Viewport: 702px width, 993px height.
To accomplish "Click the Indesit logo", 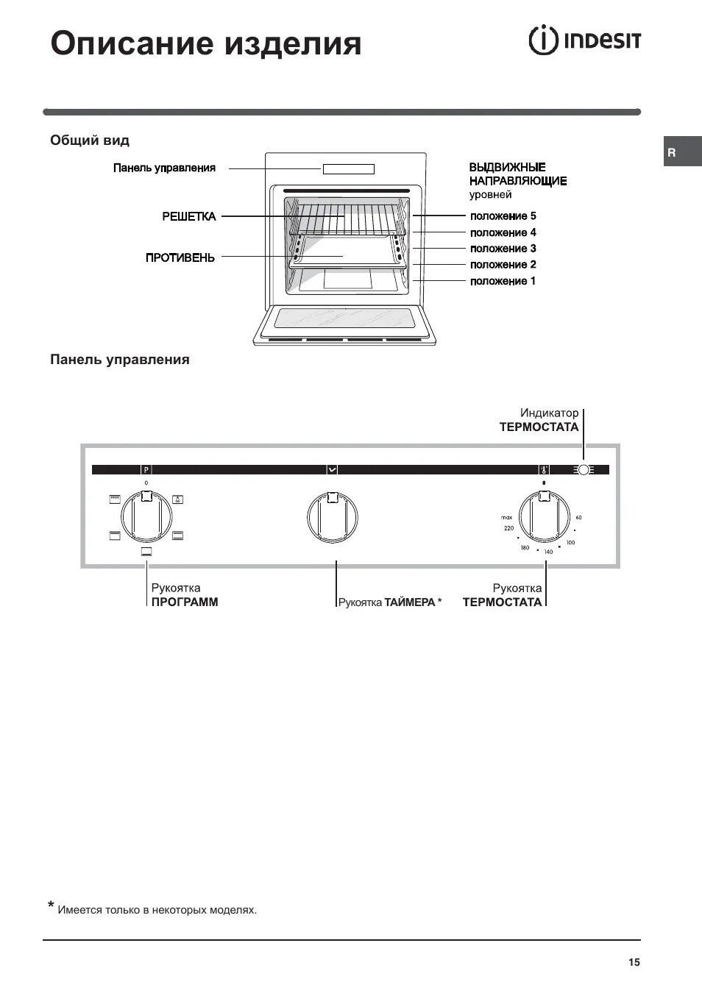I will coord(584,40).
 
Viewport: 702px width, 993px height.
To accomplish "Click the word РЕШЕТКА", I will coord(189,216).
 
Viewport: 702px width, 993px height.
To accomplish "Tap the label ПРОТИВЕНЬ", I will coord(180,257).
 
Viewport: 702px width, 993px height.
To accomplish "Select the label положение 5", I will coord(503,216).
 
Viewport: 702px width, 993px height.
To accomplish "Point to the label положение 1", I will coord(503,281).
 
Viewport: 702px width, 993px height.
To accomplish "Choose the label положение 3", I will coord(503,249).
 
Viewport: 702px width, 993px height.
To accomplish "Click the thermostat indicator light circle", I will coord(584,469).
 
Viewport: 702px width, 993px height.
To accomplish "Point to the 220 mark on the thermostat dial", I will coord(508,529).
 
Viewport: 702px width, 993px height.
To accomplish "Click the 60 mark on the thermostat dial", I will coord(579,518).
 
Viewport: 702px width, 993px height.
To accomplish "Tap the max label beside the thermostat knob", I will coord(507,518).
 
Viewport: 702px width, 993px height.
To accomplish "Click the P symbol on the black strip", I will coord(146,469).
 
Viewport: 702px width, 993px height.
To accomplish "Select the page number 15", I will coord(634,962).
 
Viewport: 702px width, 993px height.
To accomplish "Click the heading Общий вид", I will coord(90,140).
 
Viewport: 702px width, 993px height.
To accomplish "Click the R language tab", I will coord(672,153).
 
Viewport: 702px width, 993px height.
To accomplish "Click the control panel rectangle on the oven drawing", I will coord(348,169).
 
